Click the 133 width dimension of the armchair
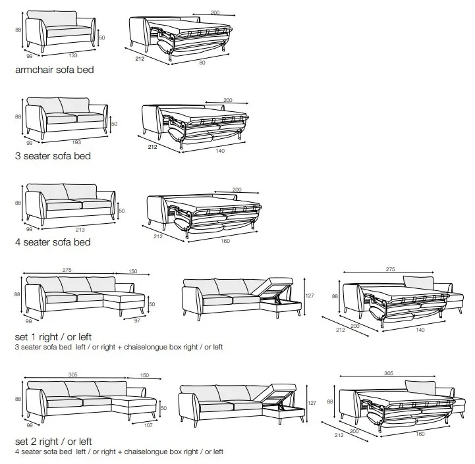click(73, 55)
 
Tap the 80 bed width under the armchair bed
click(202, 63)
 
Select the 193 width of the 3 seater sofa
click(76, 142)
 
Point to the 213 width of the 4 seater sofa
click(80, 230)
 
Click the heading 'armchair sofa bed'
click(55, 70)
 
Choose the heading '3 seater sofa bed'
click(53, 156)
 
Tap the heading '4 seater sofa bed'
click(53, 242)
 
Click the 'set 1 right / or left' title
click(53, 337)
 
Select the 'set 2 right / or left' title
click(53, 442)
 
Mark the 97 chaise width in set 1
click(137, 321)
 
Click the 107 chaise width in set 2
click(148, 425)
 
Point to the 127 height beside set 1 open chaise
click(310, 296)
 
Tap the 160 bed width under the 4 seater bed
click(225, 242)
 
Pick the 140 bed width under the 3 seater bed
click(220, 151)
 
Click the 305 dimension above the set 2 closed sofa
click(73, 374)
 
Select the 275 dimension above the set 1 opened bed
click(391, 269)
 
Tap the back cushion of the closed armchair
click(52, 18)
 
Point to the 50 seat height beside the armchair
click(101, 38)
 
